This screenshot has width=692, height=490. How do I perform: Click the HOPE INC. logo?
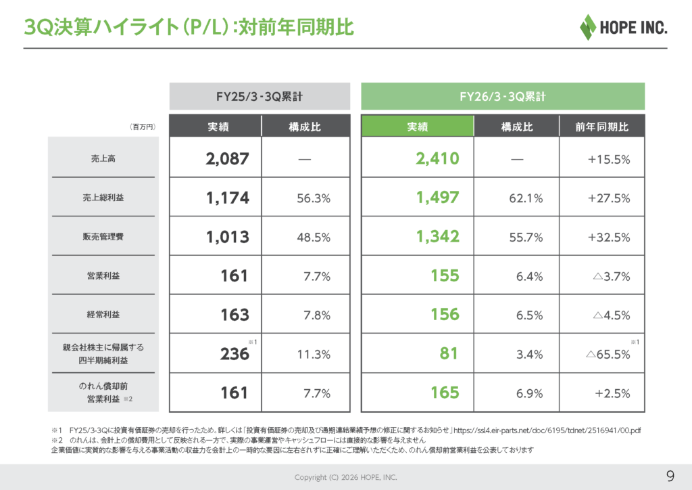623,27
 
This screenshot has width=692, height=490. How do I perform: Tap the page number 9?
670,474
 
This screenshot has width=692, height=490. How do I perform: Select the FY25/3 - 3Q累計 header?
259,97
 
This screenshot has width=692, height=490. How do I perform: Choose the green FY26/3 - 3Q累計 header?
503,97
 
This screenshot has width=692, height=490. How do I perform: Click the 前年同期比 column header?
601,127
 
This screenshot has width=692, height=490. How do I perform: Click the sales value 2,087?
228,159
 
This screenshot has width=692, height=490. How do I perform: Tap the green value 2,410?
437,159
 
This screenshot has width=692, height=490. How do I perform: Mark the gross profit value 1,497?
437,198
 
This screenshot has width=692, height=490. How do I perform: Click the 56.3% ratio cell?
314,198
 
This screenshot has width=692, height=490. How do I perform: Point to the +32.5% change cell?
609,238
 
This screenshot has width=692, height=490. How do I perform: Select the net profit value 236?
235,354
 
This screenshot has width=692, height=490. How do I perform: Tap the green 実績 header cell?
418,127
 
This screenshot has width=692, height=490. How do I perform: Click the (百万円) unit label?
143,127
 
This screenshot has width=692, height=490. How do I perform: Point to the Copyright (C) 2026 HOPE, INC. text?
346,477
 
